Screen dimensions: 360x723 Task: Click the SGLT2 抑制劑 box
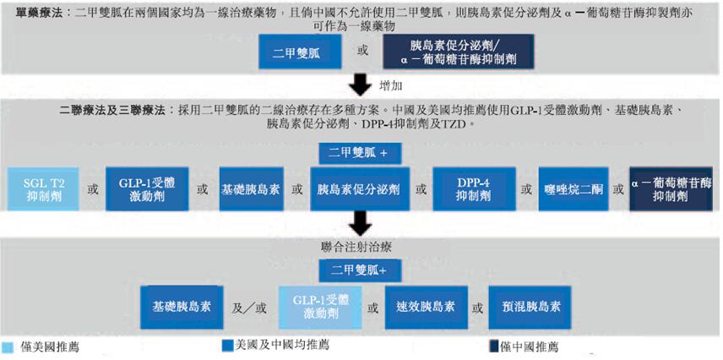42,188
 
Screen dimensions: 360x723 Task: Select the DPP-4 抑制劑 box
473,188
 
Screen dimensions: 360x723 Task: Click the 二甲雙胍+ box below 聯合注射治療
359,270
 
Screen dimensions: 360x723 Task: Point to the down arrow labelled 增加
361,85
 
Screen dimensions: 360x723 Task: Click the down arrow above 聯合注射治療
361,223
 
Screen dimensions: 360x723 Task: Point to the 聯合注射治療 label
361,247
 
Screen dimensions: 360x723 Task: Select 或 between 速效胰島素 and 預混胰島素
479,308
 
